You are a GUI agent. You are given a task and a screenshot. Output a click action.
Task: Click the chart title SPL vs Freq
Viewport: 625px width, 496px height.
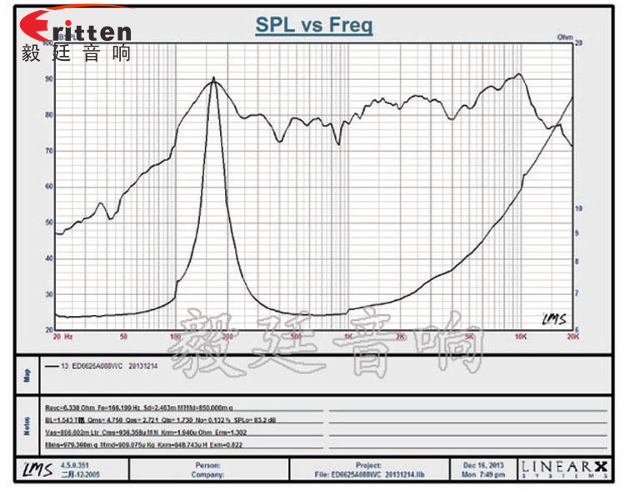[313, 25]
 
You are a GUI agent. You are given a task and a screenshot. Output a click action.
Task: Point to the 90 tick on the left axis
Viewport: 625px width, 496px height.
[49, 79]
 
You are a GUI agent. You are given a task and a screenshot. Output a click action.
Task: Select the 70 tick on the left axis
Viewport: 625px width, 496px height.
[49, 151]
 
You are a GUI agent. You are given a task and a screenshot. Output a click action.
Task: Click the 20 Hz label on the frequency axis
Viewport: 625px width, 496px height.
[62, 337]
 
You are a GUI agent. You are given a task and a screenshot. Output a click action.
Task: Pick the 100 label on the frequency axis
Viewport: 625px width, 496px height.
[175, 337]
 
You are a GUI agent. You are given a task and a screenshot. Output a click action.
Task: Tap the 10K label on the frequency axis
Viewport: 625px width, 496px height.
[521, 337]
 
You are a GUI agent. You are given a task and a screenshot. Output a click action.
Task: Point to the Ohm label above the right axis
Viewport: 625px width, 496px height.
[564, 38]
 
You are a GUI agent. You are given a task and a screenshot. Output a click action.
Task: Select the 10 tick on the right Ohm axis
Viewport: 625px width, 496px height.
[578, 208]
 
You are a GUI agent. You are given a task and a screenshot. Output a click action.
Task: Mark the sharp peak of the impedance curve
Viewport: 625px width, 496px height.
[213, 80]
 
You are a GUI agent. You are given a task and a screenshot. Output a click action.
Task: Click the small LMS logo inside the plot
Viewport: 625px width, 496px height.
[551, 318]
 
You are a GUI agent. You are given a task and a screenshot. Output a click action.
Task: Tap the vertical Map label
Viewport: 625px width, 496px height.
[27, 376]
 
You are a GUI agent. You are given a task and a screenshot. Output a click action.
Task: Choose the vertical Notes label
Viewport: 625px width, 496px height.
[27, 428]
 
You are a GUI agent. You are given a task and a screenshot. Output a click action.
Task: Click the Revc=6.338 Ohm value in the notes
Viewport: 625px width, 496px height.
[72, 408]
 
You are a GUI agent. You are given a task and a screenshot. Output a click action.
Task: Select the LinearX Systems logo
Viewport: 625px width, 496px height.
[562, 469]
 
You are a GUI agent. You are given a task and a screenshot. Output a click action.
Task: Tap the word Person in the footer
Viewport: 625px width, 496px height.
[207, 464]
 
